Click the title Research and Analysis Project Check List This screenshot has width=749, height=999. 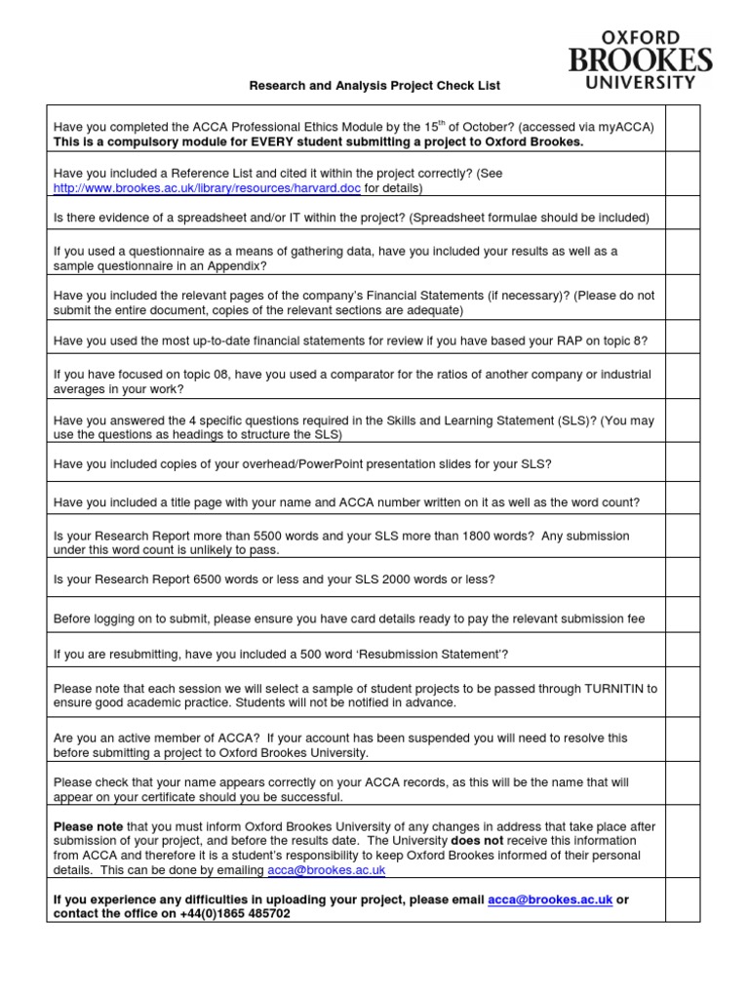tap(374, 86)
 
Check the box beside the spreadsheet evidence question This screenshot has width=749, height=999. tap(683, 218)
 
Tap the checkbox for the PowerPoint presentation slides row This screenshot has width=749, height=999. tap(683, 463)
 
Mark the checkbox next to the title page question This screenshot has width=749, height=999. tap(683, 502)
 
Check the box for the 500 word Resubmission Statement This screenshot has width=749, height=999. tap(683, 653)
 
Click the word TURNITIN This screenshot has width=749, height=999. tap(620, 688)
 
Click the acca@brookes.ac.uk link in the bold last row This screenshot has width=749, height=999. tap(550, 899)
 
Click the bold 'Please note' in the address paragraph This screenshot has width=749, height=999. tap(88, 826)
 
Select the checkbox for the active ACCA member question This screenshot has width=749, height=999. tap(683, 745)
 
